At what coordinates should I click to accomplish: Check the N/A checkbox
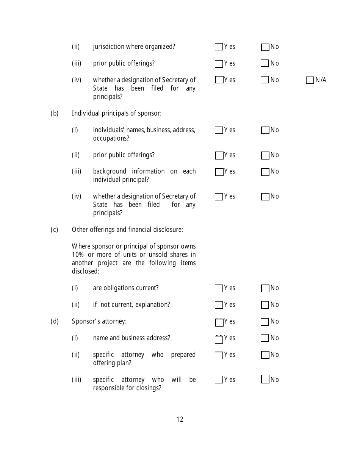310,80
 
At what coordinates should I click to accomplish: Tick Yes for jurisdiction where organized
219,47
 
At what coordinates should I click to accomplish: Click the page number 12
180,419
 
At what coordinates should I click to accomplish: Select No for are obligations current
265,288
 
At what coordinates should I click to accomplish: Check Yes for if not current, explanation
219,305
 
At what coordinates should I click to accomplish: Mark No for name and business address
265,338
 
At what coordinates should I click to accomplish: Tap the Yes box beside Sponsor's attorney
219,322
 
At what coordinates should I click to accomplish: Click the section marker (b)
55,113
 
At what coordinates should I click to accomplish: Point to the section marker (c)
55,230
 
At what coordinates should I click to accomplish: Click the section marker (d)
55,321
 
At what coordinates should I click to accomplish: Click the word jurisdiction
108,47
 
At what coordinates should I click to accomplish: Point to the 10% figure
78,255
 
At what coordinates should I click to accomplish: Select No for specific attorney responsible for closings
265,379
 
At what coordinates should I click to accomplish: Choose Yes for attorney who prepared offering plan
219,355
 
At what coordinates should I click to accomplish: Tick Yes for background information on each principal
219,172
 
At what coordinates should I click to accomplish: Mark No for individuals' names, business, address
265,130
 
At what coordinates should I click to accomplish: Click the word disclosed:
85,271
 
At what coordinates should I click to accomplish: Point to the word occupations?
111,138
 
